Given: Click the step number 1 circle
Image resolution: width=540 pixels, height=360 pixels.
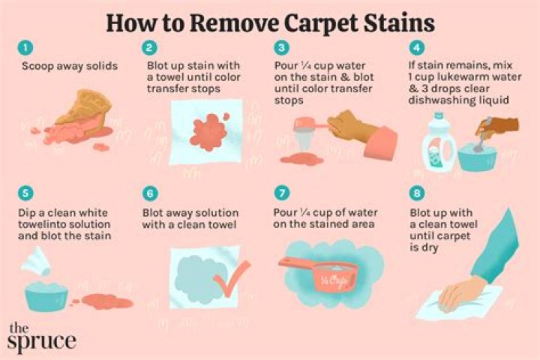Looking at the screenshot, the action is pos(25,47).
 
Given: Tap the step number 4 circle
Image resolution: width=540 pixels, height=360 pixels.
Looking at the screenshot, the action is pos(417,47).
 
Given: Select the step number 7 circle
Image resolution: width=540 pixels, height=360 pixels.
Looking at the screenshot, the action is pos(282,193).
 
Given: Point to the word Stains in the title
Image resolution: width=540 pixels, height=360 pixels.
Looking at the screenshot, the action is pos(399,22).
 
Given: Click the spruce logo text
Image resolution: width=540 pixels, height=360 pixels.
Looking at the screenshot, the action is pos(42,337).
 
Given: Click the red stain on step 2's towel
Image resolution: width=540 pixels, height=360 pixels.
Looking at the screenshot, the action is pos(208,131).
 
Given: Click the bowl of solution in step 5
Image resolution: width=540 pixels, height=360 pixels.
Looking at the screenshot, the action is pos(46,295).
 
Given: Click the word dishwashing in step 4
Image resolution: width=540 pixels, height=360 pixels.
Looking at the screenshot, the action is pos(436,100).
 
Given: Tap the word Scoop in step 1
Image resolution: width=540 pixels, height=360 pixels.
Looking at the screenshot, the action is pos(35,66).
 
